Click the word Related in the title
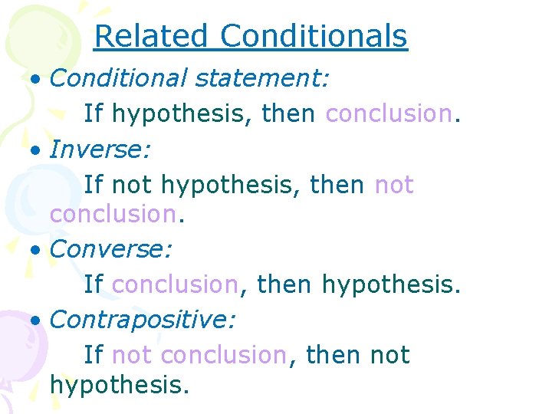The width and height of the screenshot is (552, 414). pyautogui.click(x=151, y=36)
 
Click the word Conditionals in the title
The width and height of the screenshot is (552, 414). pyautogui.click(x=314, y=36)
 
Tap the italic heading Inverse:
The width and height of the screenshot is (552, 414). pyautogui.click(x=100, y=149)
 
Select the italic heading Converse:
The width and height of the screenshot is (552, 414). pyautogui.click(x=111, y=249)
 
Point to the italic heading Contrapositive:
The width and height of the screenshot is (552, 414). pyautogui.click(x=143, y=320)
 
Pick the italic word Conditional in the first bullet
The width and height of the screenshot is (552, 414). pyautogui.click(x=119, y=77)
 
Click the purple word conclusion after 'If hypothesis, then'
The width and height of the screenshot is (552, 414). pyautogui.click(x=389, y=113)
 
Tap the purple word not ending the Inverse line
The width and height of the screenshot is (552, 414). pyautogui.click(x=394, y=185)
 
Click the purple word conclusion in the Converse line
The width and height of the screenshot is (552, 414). pyautogui.click(x=175, y=284)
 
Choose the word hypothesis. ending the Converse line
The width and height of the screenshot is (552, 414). pyautogui.click(x=392, y=285)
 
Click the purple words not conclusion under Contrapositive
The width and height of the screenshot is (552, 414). pyautogui.click(x=199, y=355)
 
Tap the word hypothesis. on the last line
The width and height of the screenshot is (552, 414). pyautogui.click(x=119, y=385)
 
